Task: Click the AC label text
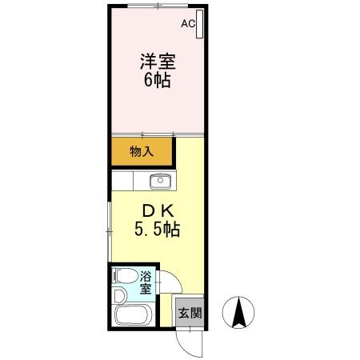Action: coord(187,24)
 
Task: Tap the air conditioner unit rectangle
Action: coord(198,26)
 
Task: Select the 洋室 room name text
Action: coord(158,62)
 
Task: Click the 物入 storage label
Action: coord(142,151)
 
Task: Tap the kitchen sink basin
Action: coord(161,180)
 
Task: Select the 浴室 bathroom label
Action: coord(147,283)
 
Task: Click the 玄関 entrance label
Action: coord(189,313)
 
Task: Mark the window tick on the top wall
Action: coord(158,8)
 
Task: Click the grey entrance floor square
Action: coord(189,313)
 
